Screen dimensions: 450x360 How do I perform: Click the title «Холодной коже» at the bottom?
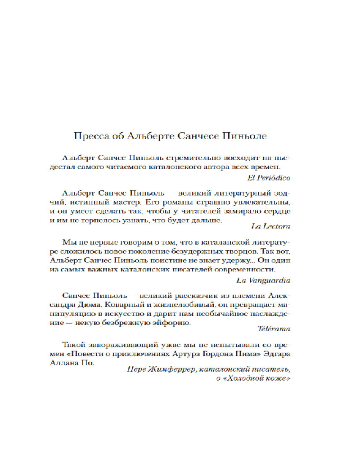[x=257, y=378]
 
